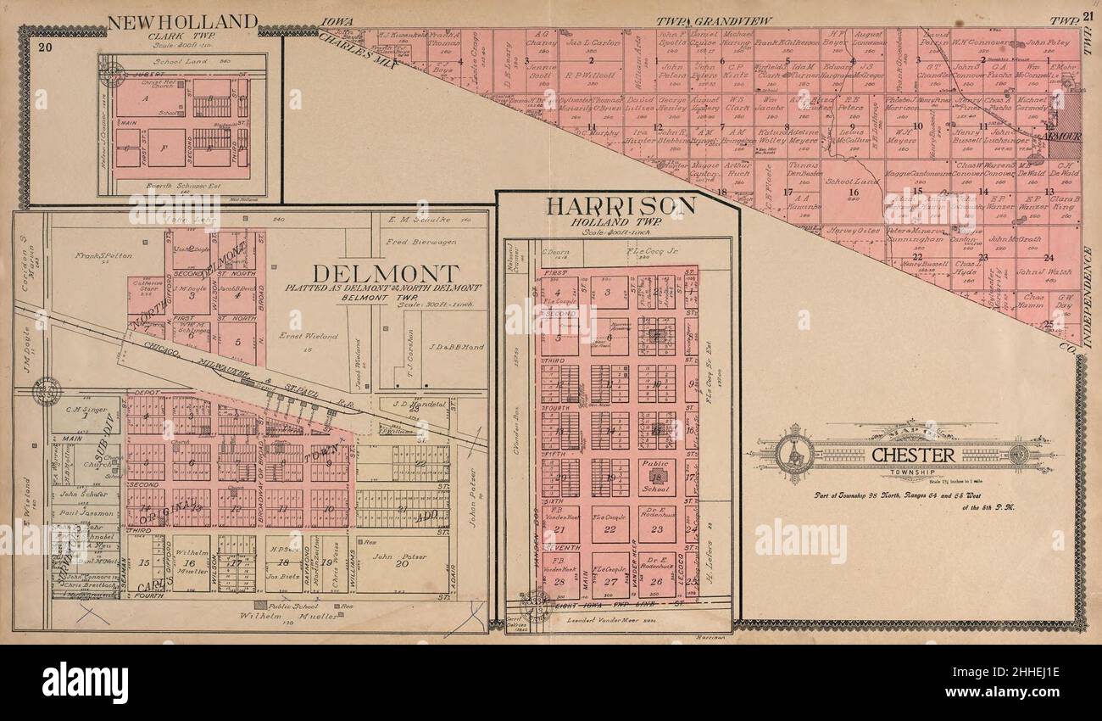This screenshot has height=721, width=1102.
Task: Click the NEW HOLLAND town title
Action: click(x=181, y=21)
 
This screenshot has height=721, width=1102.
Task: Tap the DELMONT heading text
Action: click(x=387, y=274)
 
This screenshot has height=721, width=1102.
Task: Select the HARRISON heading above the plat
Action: click(x=621, y=206)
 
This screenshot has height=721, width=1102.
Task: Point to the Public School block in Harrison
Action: click(x=656, y=477)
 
